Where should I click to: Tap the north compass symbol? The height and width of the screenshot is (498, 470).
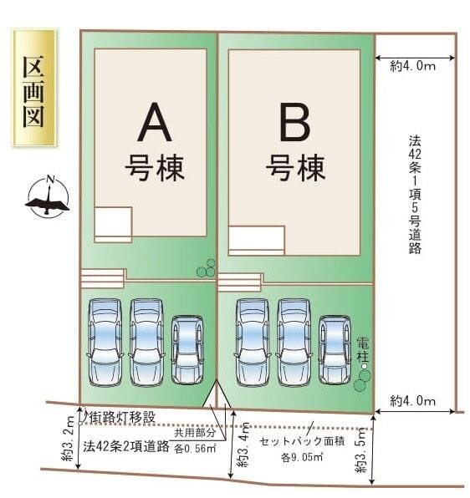pos(48,196)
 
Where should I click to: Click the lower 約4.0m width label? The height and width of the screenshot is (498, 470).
pos(413,401)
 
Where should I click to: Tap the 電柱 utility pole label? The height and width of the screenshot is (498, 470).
pos(361,348)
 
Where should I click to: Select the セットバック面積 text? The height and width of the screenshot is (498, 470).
pos(297,440)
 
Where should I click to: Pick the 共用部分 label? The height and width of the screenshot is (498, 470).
pos(192,433)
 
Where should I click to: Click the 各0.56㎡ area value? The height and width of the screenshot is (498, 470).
pos(195,448)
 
